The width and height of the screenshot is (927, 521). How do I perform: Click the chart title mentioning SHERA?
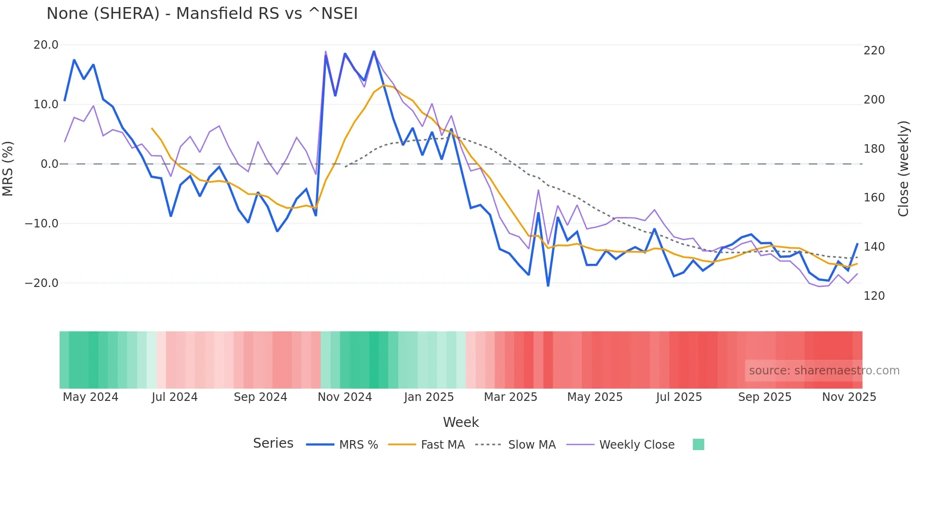point(202,14)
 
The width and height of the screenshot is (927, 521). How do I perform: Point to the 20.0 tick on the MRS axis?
point(46,45)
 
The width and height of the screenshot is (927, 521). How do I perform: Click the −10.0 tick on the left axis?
point(42,224)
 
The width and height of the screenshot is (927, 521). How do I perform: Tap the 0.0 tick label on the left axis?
point(49,164)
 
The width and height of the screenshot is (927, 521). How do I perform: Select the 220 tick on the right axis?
point(874,51)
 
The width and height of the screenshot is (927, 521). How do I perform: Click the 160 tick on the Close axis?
point(874,198)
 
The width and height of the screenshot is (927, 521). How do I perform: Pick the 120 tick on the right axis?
point(874,296)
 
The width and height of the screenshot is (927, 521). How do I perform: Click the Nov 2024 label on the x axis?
point(345,397)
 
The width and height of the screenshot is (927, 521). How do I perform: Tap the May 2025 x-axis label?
point(595,397)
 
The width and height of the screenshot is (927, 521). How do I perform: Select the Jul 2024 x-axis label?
point(175,397)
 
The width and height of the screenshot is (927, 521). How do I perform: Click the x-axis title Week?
point(461,422)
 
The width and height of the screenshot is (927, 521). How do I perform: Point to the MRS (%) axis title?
point(8,169)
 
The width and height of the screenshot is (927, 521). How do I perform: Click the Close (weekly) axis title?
point(903,169)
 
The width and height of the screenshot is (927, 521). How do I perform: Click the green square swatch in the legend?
point(698,444)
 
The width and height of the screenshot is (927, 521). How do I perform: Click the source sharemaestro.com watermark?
point(824,371)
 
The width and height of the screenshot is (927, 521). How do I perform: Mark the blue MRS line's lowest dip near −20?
point(548,285)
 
